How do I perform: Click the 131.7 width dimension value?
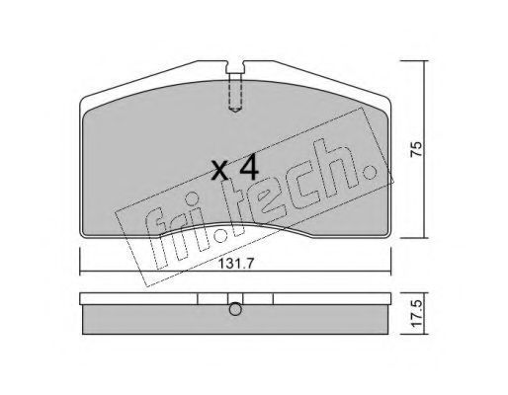pyautogui.click(x=235, y=263)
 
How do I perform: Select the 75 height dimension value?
pyautogui.click(x=416, y=149)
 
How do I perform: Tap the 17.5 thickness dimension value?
pyautogui.click(x=417, y=313)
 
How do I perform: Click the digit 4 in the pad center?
pyautogui.click(x=249, y=168)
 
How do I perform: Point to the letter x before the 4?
pyautogui.click(x=220, y=171)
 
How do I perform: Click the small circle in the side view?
pyautogui.click(x=235, y=309)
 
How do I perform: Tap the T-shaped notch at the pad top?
pyautogui.click(x=235, y=67)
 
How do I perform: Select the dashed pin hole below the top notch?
pyautogui.click(x=235, y=93)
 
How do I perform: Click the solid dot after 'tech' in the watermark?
pyautogui.click(x=371, y=171)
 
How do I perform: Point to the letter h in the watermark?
pyautogui.click(x=334, y=168)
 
